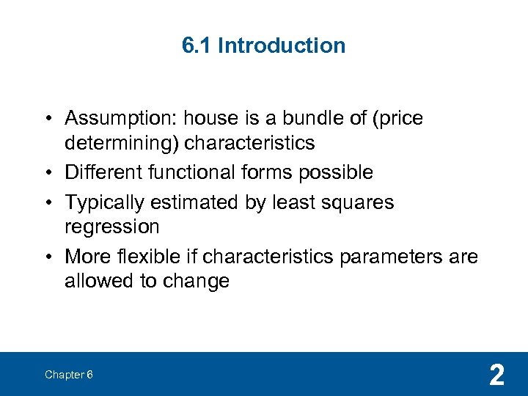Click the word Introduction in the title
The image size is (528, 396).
(282, 45)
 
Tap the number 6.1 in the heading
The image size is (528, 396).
(197, 45)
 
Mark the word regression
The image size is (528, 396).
(111, 227)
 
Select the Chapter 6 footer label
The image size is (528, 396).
(68, 375)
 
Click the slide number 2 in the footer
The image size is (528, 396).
(496, 375)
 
